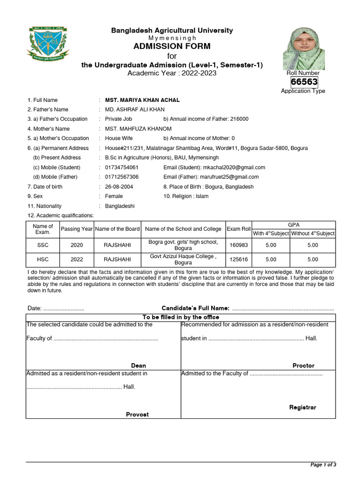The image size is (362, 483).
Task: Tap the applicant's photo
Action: (304, 49)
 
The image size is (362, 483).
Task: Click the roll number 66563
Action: (304, 82)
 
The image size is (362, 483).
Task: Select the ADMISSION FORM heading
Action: (172, 46)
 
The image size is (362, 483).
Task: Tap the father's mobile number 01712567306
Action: (122, 177)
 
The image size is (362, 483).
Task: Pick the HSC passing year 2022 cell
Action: (76, 259)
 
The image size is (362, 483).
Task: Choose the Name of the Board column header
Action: (117, 229)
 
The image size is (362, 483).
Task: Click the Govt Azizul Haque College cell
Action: (183, 259)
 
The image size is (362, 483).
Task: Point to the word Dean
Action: (138, 366)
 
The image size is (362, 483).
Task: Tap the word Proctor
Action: (303, 366)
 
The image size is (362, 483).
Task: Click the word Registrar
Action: (303, 407)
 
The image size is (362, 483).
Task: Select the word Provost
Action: (137, 415)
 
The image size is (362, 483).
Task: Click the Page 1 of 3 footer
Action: (323, 465)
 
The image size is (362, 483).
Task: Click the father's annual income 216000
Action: (239, 119)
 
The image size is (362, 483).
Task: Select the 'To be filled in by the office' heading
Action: (181, 317)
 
